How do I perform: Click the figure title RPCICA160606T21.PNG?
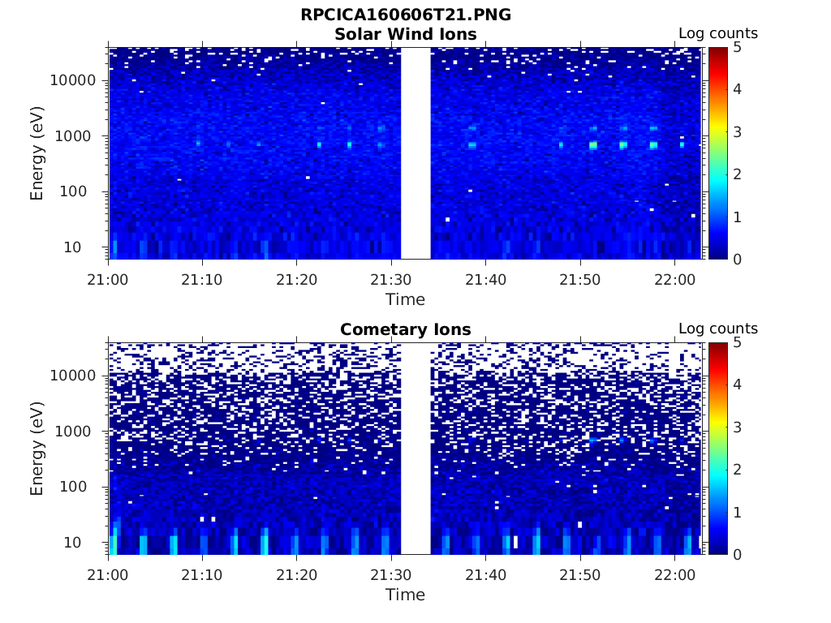(x=405, y=15)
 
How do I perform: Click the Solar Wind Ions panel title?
(x=405, y=34)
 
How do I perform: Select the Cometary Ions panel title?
(x=405, y=329)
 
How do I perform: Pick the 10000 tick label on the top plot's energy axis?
(x=74, y=80)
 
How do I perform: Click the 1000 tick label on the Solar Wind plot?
(x=78, y=136)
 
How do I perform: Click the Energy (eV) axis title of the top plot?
(x=37, y=153)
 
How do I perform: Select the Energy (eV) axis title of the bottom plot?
(x=37, y=449)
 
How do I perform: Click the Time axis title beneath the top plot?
(x=405, y=299)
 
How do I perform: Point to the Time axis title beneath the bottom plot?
(x=405, y=595)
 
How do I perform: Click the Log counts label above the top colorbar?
(x=717, y=34)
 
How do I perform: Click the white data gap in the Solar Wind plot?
(x=415, y=153)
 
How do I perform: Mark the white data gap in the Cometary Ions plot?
(x=415, y=449)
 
